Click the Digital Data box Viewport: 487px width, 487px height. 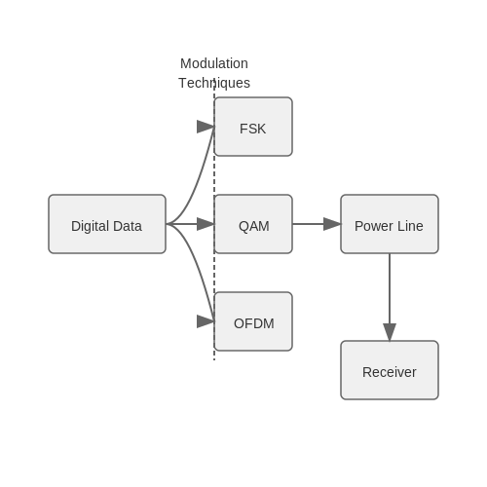click(x=107, y=224)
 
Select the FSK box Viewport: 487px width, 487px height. click(x=253, y=127)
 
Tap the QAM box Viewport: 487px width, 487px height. click(x=253, y=224)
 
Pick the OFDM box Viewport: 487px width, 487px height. click(x=253, y=321)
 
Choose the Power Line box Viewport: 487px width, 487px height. click(x=390, y=224)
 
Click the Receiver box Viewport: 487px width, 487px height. click(x=390, y=370)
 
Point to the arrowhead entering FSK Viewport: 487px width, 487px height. click(x=206, y=127)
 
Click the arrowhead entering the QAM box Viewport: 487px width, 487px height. click(x=206, y=224)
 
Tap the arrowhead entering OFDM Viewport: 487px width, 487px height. click(x=206, y=321)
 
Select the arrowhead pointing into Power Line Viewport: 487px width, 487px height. click(x=332, y=224)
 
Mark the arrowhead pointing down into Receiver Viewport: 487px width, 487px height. click(x=390, y=332)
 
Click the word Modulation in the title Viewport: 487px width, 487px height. click(x=214, y=63)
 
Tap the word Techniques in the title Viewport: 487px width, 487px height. click(x=214, y=83)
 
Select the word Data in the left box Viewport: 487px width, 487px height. click(x=127, y=226)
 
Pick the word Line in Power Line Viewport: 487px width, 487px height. click(x=410, y=226)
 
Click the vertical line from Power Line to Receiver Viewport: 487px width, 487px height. click(x=390, y=289)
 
